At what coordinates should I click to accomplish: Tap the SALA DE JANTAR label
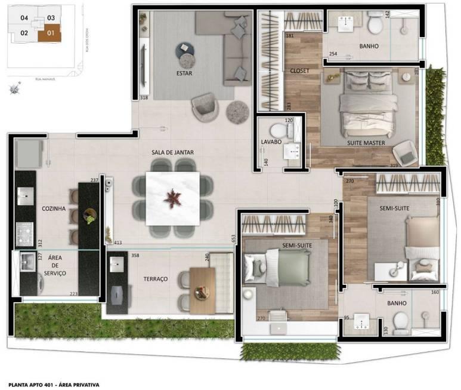point(172,153)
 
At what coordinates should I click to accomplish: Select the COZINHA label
point(53,209)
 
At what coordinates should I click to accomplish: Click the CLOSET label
point(299,71)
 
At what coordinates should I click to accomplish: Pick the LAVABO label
point(271,142)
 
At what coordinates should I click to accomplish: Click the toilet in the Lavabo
point(277,130)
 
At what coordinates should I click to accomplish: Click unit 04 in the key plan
point(24,18)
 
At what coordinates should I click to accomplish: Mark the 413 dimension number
point(117,243)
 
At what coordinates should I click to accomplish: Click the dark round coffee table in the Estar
point(184,50)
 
